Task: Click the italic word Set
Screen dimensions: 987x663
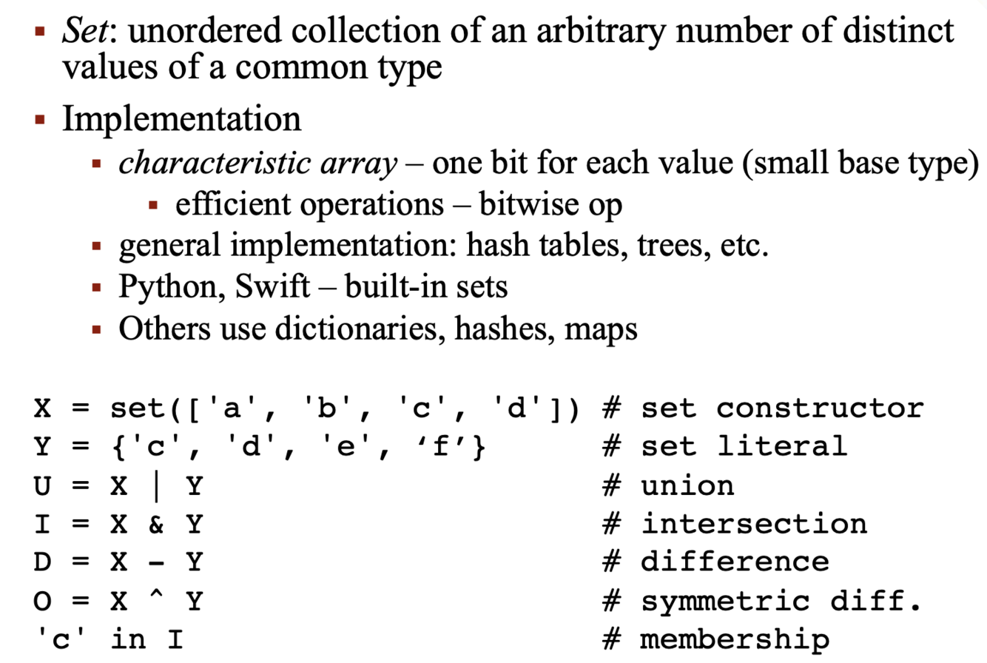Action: pyautogui.click(x=79, y=32)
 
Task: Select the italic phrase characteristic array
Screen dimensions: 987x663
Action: pyautogui.click(x=258, y=164)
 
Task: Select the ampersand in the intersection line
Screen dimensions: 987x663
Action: pyautogui.click(x=155, y=523)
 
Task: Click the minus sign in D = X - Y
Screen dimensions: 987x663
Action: pyautogui.click(x=155, y=562)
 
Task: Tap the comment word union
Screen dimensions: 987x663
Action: pyautogui.click(x=687, y=485)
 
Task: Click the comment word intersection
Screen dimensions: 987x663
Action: pyautogui.click(x=753, y=523)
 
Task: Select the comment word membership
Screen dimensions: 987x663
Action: pyautogui.click(x=735, y=639)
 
